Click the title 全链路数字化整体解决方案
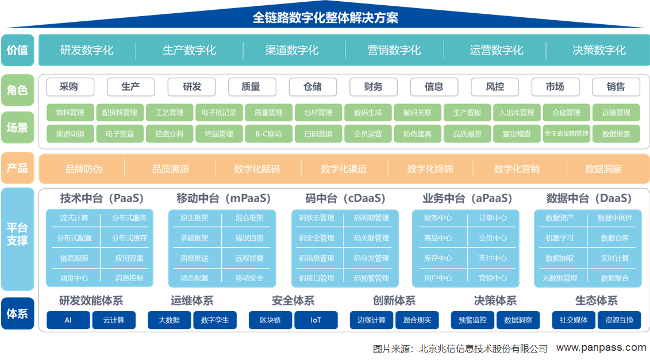coord(325,18)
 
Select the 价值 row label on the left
coord(17,50)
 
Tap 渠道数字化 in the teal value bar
coord(292,50)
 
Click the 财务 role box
coord(374,87)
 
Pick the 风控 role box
coord(495,87)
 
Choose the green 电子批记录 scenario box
coord(219,112)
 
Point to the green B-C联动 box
coord(268,134)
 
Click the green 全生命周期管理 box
coord(567,133)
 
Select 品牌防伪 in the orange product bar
coord(83,169)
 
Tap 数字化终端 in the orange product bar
coord(430,169)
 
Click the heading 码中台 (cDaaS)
coord(345,198)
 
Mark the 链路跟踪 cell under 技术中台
coord(74,258)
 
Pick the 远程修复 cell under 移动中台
coord(249,258)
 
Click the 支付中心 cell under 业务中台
coord(493,258)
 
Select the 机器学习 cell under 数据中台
coord(560,238)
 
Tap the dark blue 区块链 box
coord(270,320)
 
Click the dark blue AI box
coord(68,320)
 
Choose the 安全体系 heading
coord(293,300)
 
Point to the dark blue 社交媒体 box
coord(574,320)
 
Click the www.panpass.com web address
coord(601,347)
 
